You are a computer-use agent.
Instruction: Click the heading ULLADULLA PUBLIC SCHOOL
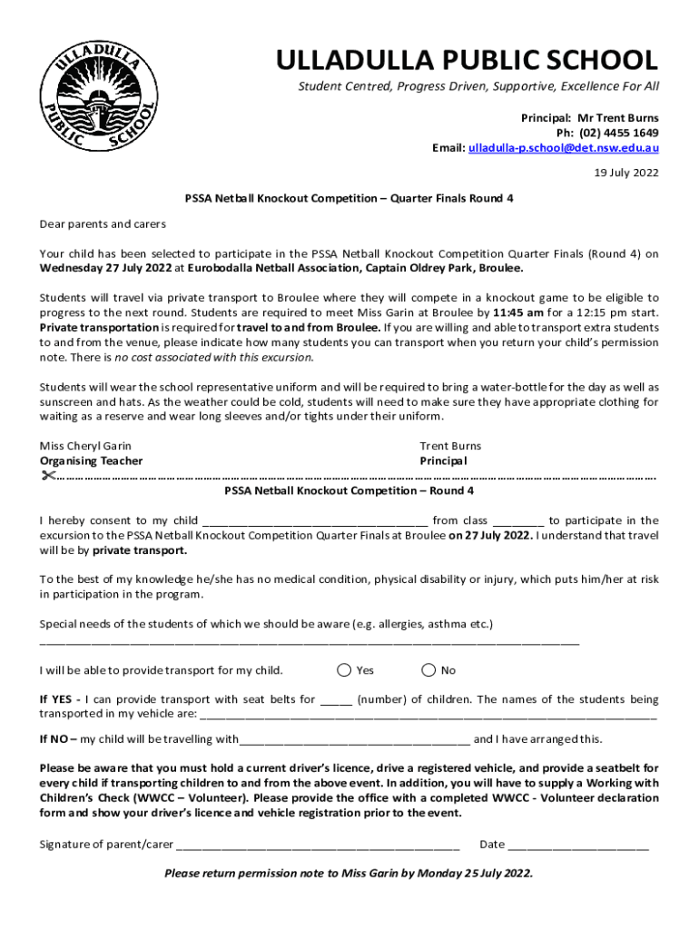coord(467,60)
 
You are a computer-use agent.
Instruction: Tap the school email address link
coord(563,148)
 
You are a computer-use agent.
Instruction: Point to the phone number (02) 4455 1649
coord(613,133)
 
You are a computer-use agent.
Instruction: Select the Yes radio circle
coord(344,670)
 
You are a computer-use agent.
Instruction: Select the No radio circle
coord(428,670)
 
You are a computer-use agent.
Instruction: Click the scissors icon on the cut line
coord(48,475)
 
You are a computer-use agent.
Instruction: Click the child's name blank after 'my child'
coord(314,521)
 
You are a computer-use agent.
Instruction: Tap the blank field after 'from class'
coord(518,521)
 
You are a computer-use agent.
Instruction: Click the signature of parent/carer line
coord(318,845)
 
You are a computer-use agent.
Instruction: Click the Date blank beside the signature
coord(578,845)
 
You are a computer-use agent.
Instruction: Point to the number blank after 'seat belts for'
coord(336,700)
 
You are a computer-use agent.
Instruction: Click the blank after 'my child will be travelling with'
coord(354,739)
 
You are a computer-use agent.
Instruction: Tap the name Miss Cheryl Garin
coord(85,446)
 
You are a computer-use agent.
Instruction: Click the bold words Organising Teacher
coord(91,460)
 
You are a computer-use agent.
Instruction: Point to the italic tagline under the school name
coord(479,86)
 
